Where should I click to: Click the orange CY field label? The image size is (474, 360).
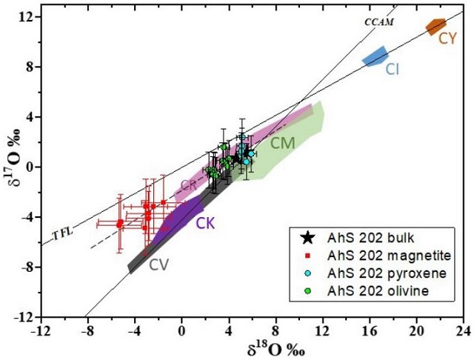click(x=447, y=39)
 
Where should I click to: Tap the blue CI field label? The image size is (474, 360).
click(x=393, y=69)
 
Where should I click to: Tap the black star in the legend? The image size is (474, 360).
click(x=306, y=238)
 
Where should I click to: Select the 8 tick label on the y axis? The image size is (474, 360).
click(x=28, y=67)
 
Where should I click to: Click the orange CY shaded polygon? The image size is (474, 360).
click(x=436, y=27)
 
